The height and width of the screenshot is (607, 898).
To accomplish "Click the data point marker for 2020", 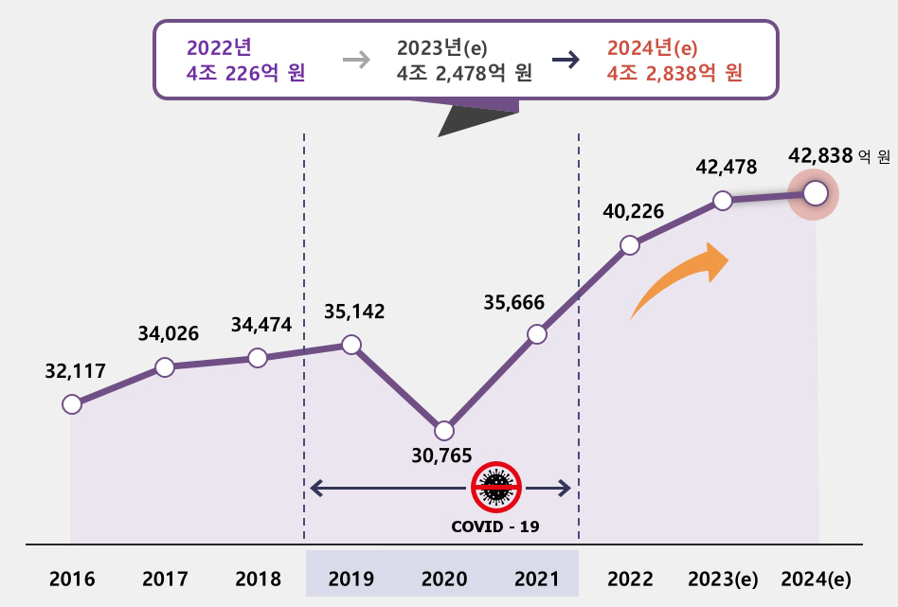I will pos(443,430).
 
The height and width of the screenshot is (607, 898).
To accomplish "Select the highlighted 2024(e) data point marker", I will pos(816,194).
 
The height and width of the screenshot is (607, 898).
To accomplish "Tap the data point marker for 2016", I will pos(71,404).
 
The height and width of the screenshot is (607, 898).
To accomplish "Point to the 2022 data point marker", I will pos(630,245).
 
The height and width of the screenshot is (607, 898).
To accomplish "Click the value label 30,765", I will pos(441,455).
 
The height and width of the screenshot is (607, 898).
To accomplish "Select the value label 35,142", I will pos(354,312).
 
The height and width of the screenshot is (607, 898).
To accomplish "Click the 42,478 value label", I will pos(726,168).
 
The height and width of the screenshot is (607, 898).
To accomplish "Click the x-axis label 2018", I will pos(258,579).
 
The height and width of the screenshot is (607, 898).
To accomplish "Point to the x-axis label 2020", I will pos(443,579).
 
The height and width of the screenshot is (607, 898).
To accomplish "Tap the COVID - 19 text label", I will pos(495,526).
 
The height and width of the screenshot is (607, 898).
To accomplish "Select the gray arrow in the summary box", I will pos(356,60).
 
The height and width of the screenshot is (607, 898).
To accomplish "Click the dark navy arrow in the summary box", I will pos(566,60).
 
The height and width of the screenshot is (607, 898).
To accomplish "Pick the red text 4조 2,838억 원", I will pos(674,73).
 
